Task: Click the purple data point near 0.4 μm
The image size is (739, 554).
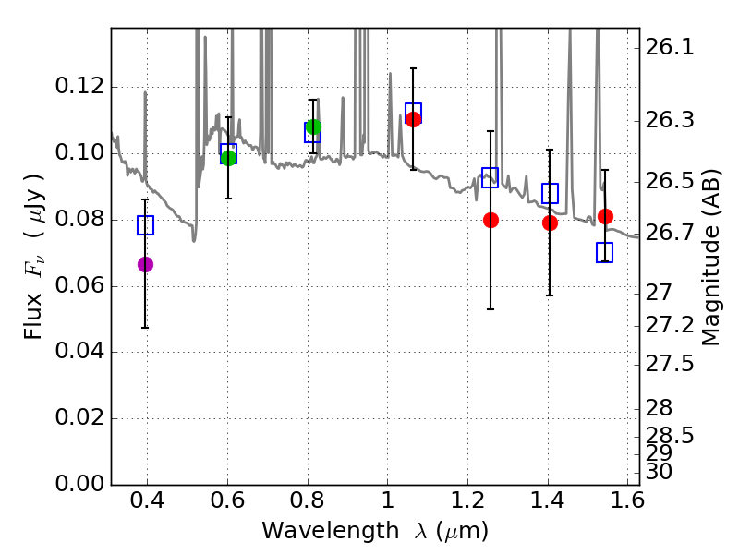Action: (145, 264)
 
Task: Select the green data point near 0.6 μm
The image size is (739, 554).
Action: (228, 157)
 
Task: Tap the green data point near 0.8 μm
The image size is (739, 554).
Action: (313, 126)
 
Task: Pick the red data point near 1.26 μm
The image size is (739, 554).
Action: (491, 220)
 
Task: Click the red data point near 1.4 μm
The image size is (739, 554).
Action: (550, 223)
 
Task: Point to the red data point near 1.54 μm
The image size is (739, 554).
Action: (605, 216)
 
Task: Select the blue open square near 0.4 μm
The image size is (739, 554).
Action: (145, 224)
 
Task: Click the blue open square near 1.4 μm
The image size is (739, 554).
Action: (550, 193)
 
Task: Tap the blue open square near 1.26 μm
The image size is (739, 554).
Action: (491, 178)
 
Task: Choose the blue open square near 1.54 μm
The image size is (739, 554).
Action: (605, 252)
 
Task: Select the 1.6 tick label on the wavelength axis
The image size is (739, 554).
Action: (628, 504)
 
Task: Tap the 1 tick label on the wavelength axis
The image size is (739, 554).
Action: (387, 504)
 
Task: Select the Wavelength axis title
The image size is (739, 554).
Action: (374, 532)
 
